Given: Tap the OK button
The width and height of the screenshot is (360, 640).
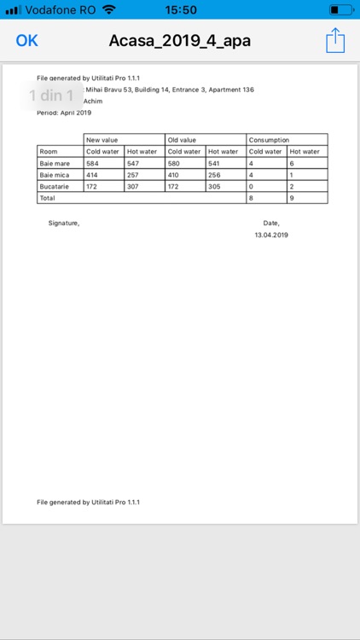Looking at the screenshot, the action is (x=27, y=40).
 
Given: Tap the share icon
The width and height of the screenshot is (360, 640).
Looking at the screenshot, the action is (x=335, y=40).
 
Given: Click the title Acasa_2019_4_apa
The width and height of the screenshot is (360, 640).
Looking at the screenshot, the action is (x=180, y=40).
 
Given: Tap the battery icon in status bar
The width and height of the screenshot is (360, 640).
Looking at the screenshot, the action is (x=340, y=9).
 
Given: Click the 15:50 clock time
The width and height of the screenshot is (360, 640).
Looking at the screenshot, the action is (x=180, y=9).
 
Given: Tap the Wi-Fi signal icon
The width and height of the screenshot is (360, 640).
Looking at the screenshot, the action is (x=108, y=9).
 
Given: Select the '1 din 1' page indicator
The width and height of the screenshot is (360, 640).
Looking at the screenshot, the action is (x=51, y=96).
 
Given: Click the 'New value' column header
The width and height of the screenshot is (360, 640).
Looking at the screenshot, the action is (x=102, y=139).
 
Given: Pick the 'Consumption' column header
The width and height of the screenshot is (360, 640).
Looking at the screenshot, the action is (x=269, y=139).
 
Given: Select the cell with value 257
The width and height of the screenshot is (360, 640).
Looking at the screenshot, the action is (x=133, y=174).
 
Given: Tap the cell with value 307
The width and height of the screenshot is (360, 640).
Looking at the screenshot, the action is (x=133, y=185).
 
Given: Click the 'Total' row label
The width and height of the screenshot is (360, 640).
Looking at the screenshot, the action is (x=47, y=197).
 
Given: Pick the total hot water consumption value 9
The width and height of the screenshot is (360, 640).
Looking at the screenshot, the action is (x=293, y=197).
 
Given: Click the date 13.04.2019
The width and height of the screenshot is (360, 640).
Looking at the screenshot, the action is (x=271, y=235).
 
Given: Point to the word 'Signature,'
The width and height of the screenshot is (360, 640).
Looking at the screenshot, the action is (x=64, y=223).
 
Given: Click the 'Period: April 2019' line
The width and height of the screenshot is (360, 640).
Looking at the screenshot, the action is (x=64, y=113).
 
